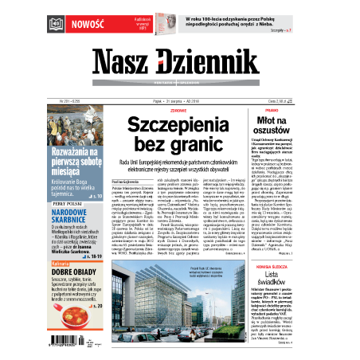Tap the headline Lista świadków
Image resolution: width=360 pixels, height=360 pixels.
point(303,259)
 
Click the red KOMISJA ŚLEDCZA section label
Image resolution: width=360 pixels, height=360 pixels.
point(303,243)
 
